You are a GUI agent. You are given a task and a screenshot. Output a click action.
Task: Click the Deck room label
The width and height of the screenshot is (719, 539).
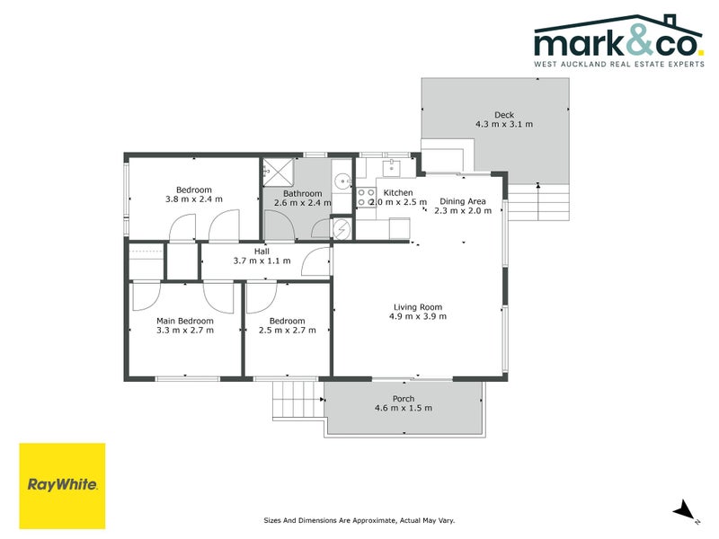(x=503, y=114)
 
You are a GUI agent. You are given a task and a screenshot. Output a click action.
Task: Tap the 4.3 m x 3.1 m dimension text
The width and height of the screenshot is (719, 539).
(x=503, y=125)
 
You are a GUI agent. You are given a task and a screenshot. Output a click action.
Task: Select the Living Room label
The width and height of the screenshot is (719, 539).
(x=418, y=306)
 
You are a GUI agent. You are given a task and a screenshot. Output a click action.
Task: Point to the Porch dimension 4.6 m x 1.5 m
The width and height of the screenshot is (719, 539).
(x=404, y=409)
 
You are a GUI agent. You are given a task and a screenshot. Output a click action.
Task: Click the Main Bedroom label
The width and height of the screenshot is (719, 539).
(x=185, y=321)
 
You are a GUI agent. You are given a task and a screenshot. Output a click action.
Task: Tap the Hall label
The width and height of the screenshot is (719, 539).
(x=262, y=252)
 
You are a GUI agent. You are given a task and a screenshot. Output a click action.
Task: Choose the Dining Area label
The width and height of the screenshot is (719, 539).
(x=463, y=201)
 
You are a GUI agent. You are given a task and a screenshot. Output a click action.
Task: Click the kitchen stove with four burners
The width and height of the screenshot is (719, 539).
(x=367, y=198)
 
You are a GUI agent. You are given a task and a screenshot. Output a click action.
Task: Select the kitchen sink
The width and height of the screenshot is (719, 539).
(x=393, y=166)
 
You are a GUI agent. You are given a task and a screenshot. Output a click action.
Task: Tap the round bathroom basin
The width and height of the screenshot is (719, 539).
(x=342, y=181)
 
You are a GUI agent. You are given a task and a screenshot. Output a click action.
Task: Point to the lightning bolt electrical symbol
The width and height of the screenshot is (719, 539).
(x=343, y=230)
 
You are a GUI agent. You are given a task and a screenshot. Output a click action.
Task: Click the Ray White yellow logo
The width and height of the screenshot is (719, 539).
(x=62, y=485)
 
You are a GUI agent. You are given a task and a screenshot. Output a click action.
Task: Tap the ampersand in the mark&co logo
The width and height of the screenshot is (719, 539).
(x=621, y=41)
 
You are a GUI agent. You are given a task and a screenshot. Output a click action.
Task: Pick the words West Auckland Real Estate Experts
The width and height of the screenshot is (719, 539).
(x=619, y=66)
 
